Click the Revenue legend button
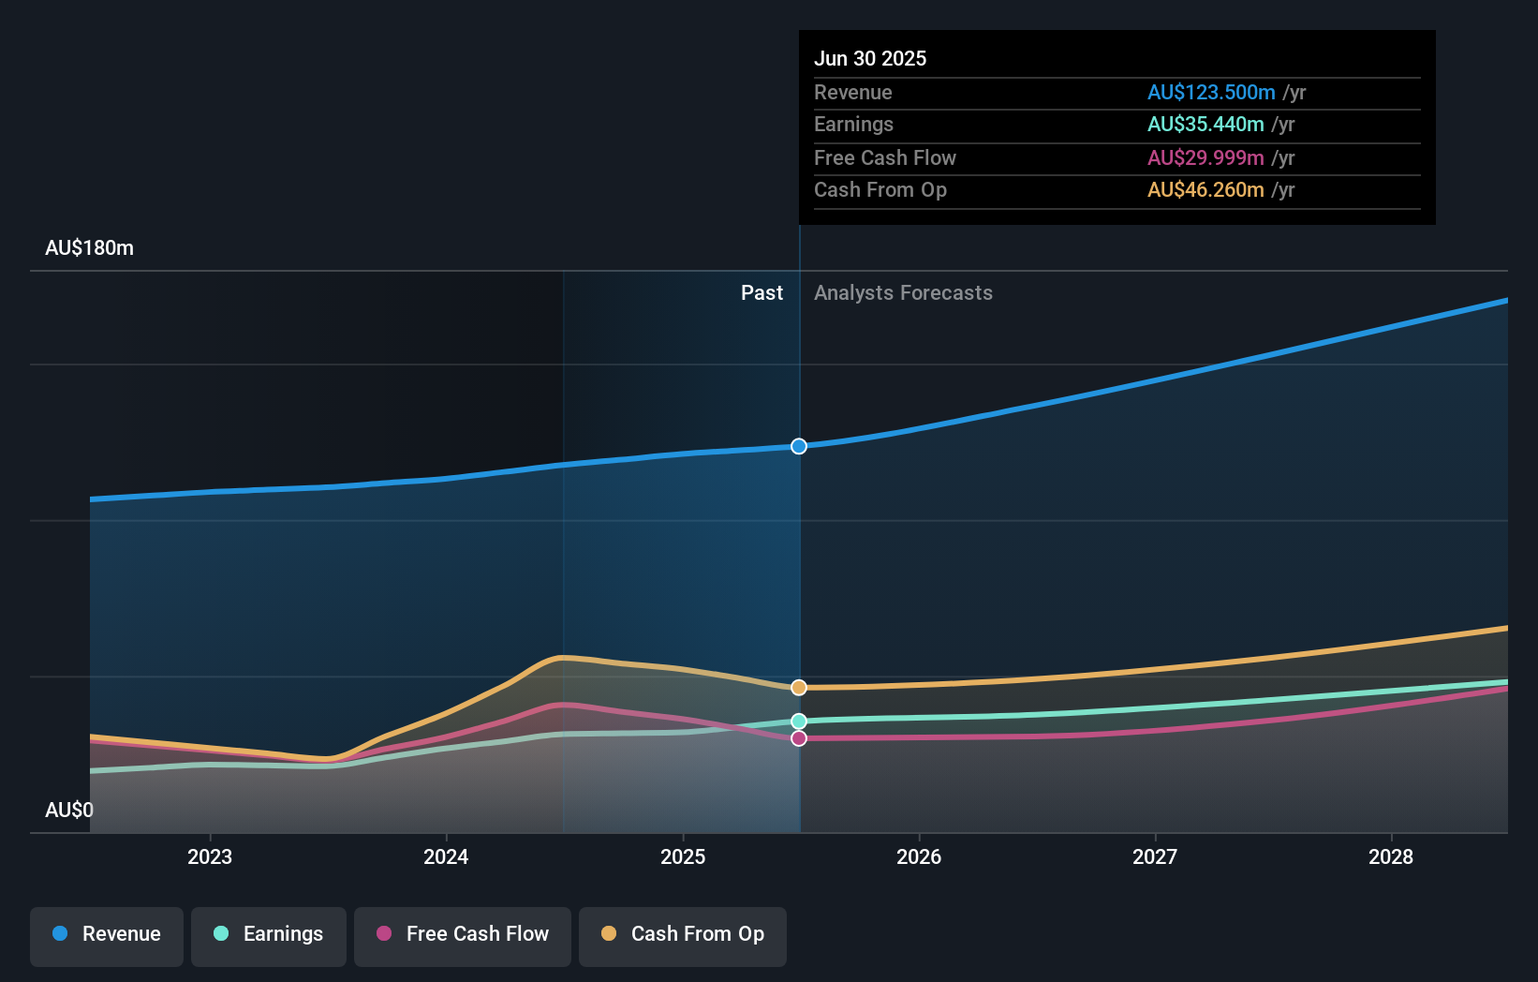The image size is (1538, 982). [x=107, y=934]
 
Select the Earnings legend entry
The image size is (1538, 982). [x=269, y=934]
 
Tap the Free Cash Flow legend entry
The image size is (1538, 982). [x=463, y=934]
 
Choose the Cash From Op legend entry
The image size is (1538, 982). [x=683, y=934]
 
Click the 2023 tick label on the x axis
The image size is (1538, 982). [x=210, y=856]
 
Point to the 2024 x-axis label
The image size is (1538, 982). [x=446, y=856]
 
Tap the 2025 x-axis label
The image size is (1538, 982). [x=683, y=856]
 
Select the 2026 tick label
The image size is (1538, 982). [x=919, y=856]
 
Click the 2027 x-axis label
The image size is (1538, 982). [x=1155, y=856]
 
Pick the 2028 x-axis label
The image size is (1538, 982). [x=1391, y=856]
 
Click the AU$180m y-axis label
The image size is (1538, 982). [x=89, y=248]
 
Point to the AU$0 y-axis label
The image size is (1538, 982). [x=69, y=810]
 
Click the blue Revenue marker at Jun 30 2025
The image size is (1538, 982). [x=799, y=446]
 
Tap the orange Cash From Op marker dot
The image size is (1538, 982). [x=799, y=688]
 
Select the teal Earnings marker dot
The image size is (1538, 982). [x=799, y=722]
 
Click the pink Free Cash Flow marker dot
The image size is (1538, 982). [x=799, y=738]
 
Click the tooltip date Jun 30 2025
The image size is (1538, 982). [x=870, y=58]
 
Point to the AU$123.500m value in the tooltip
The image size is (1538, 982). [x=1211, y=92]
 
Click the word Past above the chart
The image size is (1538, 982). [x=762, y=293]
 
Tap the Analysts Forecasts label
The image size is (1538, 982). [x=903, y=293]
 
